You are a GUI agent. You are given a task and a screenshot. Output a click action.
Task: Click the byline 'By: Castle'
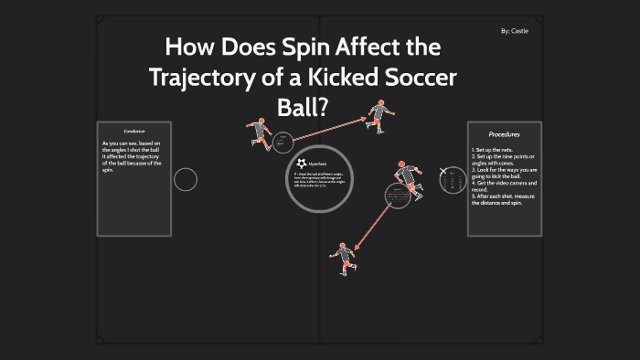(515, 32)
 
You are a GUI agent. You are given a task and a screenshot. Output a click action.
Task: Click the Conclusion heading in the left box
(136, 132)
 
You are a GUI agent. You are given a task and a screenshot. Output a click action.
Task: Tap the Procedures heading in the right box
(504, 134)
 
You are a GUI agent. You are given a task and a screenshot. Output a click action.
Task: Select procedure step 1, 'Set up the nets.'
(495, 149)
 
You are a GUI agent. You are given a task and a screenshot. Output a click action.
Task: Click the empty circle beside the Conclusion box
(186, 179)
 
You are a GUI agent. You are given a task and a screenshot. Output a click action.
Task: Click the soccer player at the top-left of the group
(261, 133)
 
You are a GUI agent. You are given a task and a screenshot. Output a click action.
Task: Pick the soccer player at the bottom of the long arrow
(343, 258)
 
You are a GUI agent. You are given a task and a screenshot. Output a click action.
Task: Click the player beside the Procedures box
(408, 178)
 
